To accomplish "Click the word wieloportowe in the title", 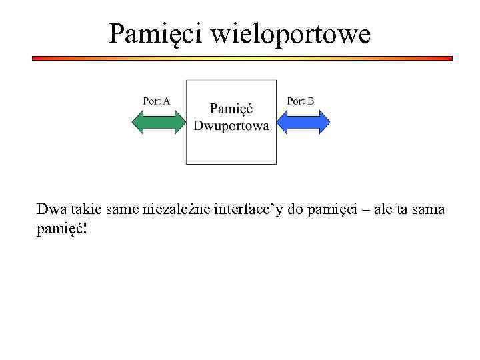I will [291, 33].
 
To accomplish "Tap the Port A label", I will [157, 101].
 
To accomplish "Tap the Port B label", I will [300, 101].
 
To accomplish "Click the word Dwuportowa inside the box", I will [231, 126].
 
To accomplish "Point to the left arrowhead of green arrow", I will [137, 122].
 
